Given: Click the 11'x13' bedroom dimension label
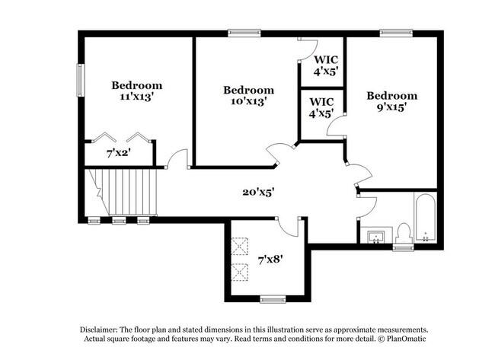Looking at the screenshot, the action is (x=136, y=97).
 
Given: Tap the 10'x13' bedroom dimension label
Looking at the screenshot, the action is (x=249, y=101).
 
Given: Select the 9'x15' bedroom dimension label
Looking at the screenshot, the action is (x=391, y=107).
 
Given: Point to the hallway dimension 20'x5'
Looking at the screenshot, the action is (x=258, y=192).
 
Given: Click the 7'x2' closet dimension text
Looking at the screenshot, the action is (x=118, y=154).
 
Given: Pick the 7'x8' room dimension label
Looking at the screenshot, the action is (x=270, y=260).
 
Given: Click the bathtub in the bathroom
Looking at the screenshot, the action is (x=425, y=218).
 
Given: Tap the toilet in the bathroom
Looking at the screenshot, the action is (x=404, y=233).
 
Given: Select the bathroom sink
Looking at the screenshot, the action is (x=375, y=237).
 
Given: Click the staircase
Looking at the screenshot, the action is (x=121, y=192).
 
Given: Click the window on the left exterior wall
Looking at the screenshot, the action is (x=81, y=81).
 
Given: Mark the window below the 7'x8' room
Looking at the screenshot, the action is (x=273, y=299).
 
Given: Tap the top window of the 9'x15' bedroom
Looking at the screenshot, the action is (x=396, y=33).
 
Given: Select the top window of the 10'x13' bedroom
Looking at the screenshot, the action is (x=244, y=33).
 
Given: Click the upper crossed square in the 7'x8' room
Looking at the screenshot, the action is (x=240, y=246).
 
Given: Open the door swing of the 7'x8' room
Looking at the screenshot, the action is (x=286, y=227).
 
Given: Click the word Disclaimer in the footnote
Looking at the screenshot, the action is (x=99, y=330).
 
